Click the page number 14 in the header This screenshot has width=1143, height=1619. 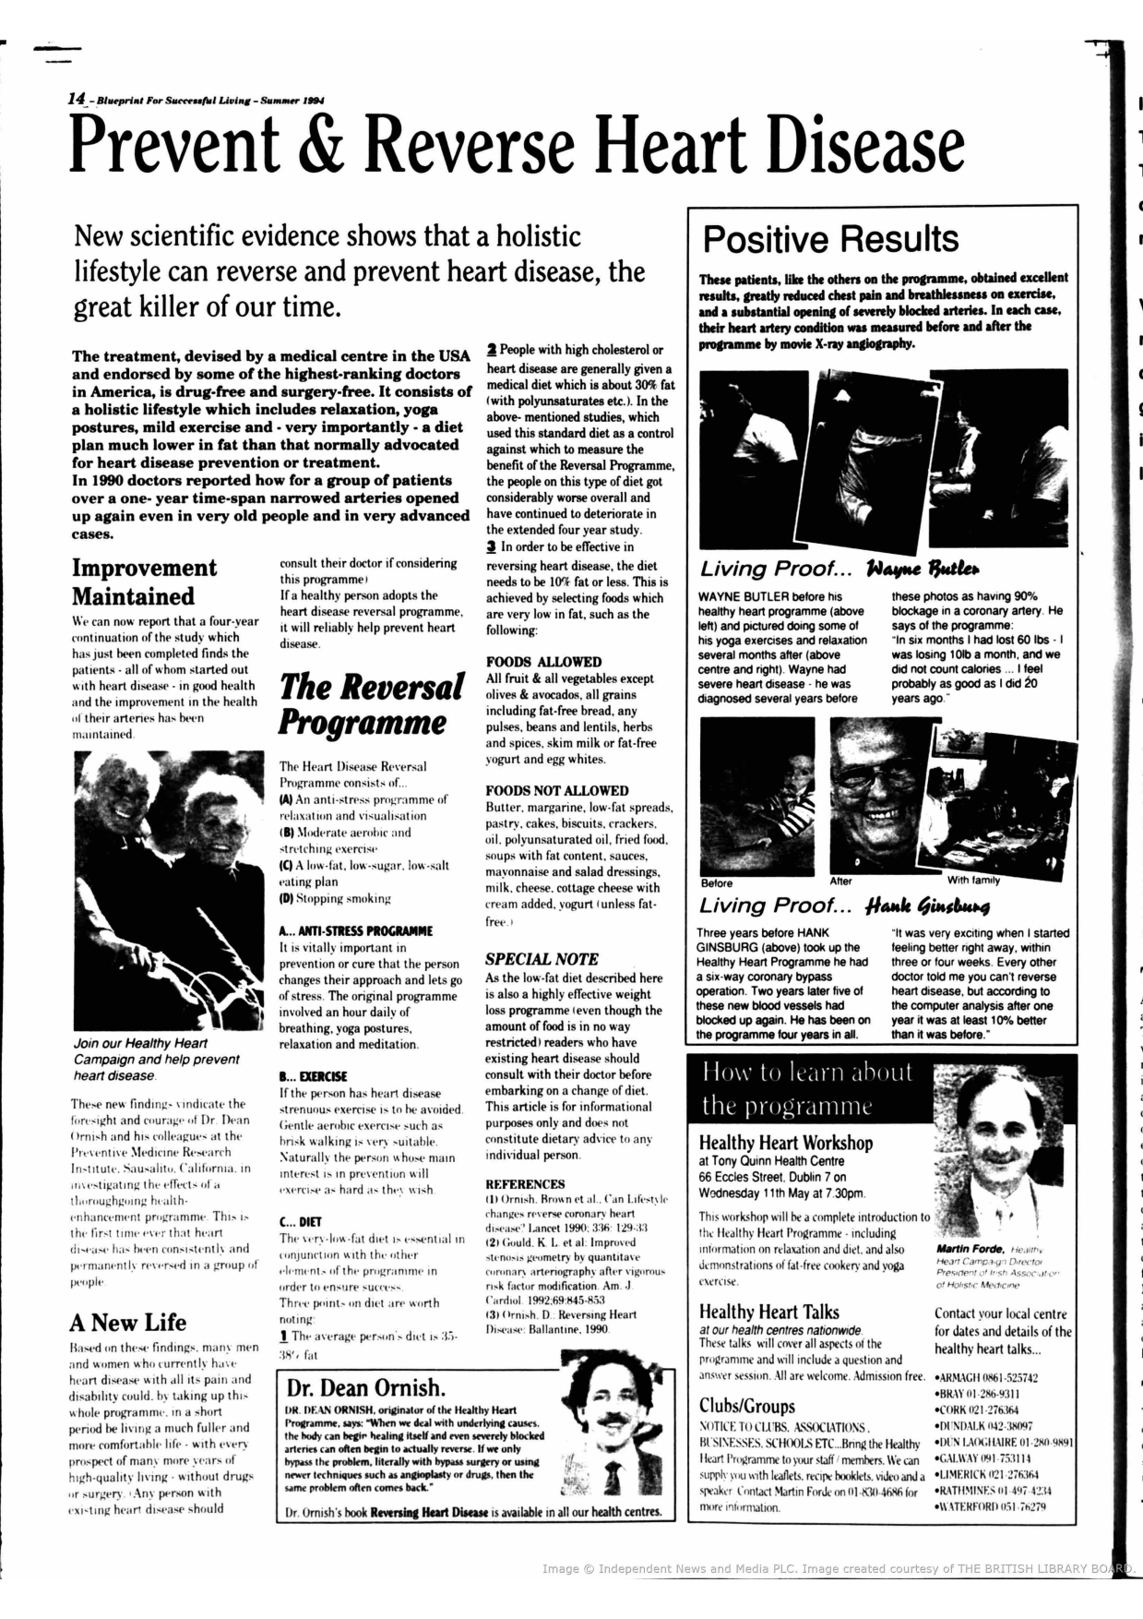[77, 98]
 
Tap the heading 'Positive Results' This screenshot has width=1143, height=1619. [830, 239]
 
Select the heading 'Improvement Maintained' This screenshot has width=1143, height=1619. [144, 582]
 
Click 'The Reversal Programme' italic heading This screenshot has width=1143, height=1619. [371, 704]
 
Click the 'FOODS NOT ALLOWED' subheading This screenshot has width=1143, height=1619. [557, 790]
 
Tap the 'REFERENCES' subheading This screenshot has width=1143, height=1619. [525, 1183]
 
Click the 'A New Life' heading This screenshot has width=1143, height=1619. [127, 1322]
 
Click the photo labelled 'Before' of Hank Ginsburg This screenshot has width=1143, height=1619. [756, 796]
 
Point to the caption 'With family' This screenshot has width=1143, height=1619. [973, 880]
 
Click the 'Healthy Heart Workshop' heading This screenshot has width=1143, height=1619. [785, 1143]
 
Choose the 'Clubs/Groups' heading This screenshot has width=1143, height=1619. [746, 1406]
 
